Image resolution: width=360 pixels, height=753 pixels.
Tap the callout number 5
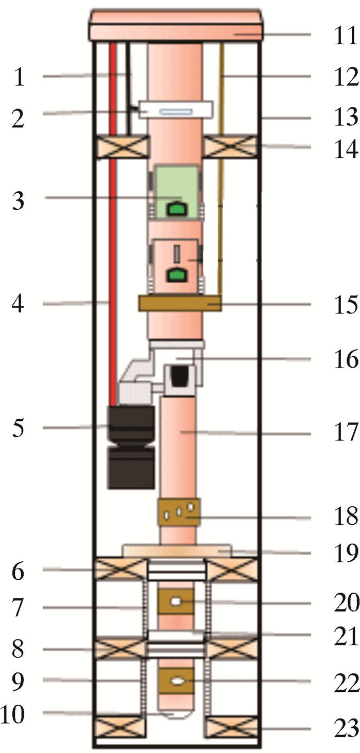(x=18, y=428)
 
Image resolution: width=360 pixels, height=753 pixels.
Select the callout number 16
(x=346, y=359)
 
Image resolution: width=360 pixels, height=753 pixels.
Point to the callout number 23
(x=347, y=728)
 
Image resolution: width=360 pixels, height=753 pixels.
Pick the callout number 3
(x=18, y=200)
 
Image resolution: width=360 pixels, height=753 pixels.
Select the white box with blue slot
(x=176, y=111)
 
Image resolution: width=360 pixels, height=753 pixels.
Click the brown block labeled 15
(x=180, y=303)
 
